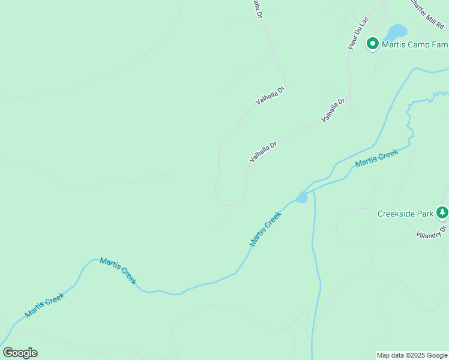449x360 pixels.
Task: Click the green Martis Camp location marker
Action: coord(372,43)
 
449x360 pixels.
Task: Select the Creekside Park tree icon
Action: coord(442,212)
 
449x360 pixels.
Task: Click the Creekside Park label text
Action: coord(406,214)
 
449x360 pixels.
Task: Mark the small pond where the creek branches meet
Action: coord(301,197)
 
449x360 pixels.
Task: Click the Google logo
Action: coord(20,353)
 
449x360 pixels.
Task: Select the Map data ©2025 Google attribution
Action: coord(412,355)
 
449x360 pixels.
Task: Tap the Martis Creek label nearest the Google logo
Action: coord(44,305)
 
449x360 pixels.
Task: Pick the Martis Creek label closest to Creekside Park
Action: coord(376,158)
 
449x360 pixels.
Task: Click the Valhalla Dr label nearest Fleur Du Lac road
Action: coord(333,110)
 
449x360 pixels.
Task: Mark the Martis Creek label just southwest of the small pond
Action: coord(265,229)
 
